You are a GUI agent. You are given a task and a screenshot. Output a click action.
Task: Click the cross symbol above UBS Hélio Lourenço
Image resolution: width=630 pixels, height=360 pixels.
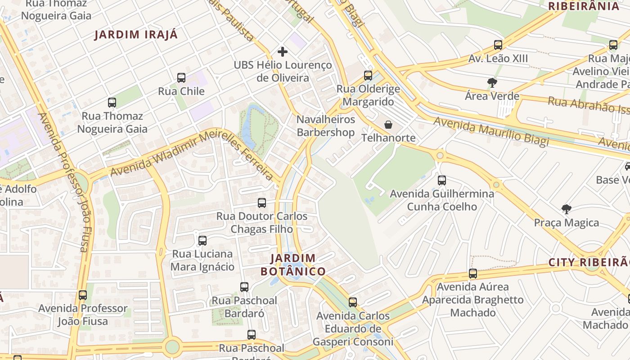[x=283, y=52]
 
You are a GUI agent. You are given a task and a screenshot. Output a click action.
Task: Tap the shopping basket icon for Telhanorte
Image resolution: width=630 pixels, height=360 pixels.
[x=388, y=125]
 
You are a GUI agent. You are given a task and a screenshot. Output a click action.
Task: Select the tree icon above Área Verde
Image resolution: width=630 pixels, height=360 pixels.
[x=492, y=83]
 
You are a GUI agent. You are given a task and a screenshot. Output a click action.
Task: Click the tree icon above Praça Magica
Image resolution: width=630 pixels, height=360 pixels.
[x=566, y=209]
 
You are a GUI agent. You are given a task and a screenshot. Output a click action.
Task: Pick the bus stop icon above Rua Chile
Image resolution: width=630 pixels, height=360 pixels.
[x=181, y=78]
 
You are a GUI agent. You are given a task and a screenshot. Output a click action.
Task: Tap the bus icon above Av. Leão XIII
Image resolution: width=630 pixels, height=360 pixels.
[x=498, y=45]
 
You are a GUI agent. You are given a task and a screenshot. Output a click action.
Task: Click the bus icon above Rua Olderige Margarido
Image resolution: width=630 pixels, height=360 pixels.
[x=368, y=76]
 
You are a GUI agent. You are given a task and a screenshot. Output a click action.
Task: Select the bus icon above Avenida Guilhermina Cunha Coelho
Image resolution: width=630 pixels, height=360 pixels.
[x=442, y=180]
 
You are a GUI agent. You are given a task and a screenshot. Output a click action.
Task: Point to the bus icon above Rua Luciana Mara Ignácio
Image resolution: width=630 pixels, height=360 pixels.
[x=202, y=241]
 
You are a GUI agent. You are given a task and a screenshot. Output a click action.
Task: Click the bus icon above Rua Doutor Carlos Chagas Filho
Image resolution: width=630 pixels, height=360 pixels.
[x=262, y=203]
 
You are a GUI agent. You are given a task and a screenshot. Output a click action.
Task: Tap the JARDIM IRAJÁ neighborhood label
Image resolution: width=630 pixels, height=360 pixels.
[x=136, y=35]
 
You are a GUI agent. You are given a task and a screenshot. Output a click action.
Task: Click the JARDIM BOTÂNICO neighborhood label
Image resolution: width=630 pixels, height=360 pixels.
[x=293, y=265]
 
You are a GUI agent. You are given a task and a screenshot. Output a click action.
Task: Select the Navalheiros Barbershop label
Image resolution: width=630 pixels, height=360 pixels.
[x=326, y=126]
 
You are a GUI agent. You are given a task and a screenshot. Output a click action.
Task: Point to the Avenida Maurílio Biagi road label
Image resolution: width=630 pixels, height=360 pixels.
[x=491, y=131]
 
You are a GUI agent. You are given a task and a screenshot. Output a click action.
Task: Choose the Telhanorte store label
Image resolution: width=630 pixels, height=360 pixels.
[x=389, y=138]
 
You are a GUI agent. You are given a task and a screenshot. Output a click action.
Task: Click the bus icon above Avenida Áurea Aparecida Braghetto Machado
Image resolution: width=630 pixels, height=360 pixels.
[x=472, y=274]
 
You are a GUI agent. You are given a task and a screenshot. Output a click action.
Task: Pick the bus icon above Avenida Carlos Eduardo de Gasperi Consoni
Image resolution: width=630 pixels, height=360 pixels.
[x=353, y=302]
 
